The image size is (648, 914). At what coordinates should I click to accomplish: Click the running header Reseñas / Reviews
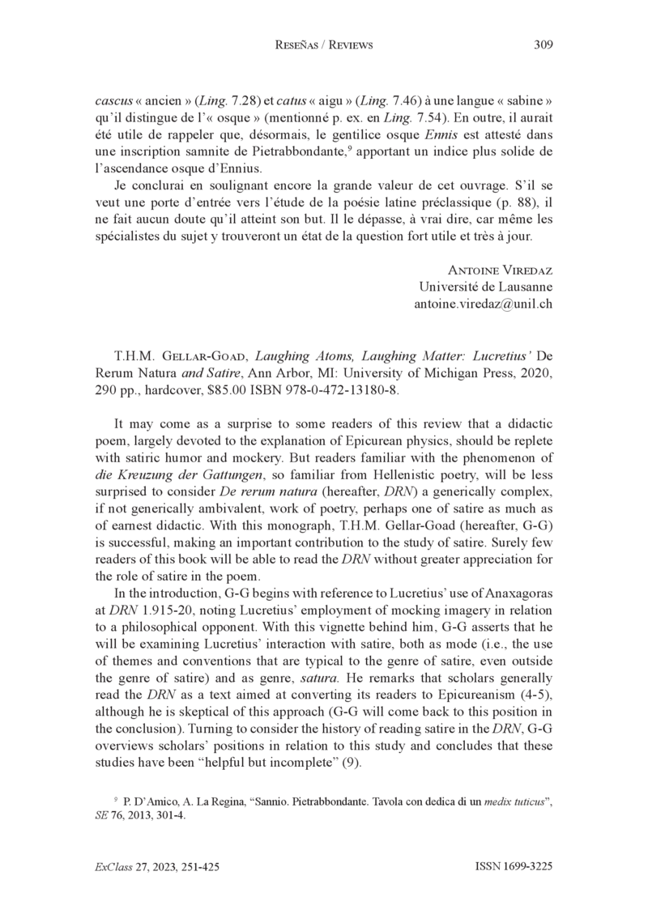pyautogui.click(x=324, y=45)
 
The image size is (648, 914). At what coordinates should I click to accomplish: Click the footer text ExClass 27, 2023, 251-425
pyautogui.click(x=158, y=866)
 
